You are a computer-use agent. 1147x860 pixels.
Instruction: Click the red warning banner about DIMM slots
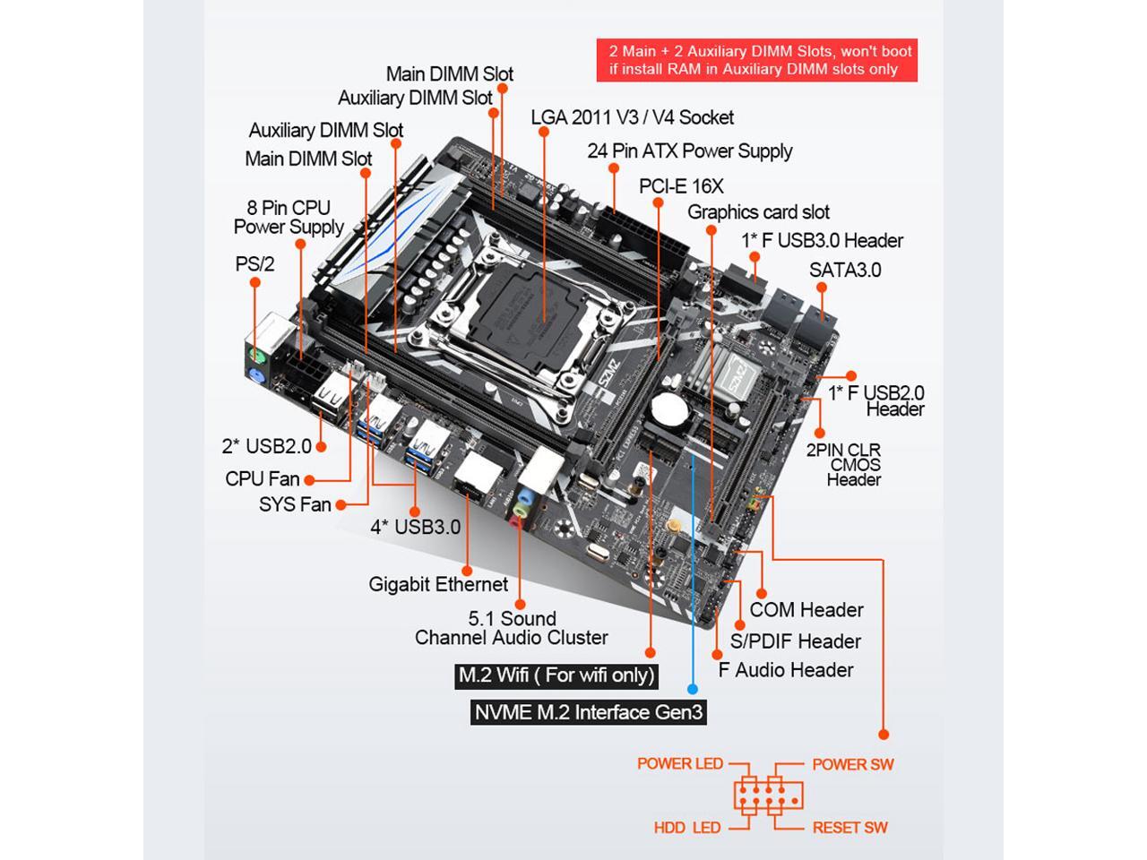757,60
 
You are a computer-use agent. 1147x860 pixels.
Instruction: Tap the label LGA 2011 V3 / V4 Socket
632,117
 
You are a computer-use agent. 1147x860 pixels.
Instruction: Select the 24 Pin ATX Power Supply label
689,150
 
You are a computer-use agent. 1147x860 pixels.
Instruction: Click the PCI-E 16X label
681,186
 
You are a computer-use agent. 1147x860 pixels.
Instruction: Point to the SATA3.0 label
844,270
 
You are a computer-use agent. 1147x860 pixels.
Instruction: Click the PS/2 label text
254,264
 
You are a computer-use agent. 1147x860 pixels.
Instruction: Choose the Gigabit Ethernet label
438,584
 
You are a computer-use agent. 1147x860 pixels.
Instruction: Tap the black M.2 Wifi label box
556,675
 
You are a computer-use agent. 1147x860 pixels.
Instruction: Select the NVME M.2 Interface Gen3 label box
589,712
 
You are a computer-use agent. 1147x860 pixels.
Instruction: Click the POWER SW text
852,764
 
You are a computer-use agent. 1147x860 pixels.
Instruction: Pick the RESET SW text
849,828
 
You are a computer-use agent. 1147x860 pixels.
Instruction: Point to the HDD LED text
686,828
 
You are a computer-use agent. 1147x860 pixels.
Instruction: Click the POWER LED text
679,764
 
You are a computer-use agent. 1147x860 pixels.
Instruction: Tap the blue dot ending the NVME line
692,689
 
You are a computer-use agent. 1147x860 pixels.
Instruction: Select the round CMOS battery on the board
668,410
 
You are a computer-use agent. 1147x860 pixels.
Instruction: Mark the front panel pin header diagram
768,795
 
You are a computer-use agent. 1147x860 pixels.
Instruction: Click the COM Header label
806,610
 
